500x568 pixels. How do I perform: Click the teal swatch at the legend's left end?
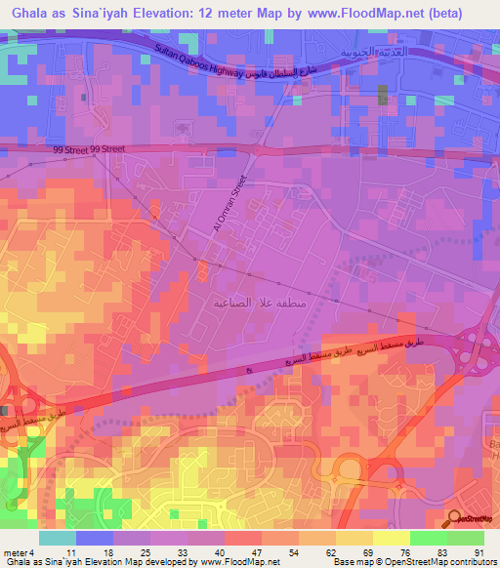57,538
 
